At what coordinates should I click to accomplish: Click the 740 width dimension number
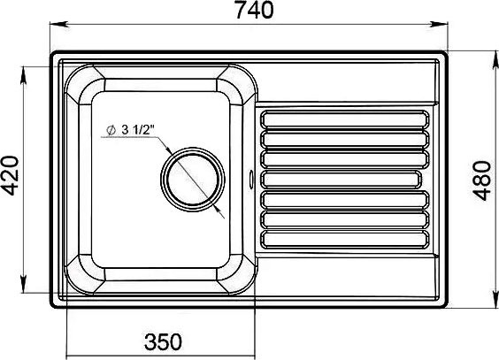(x=254, y=10)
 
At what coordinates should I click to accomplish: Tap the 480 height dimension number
(x=482, y=180)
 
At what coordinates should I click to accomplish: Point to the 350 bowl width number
(x=163, y=341)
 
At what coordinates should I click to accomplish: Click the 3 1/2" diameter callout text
(x=137, y=130)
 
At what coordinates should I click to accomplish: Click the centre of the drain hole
(x=193, y=179)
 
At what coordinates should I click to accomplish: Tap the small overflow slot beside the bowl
(x=251, y=177)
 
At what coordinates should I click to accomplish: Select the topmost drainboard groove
(x=345, y=119)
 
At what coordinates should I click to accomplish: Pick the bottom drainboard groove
(x=345, y=239)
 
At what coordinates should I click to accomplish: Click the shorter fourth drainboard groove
(x=341, y=180)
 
